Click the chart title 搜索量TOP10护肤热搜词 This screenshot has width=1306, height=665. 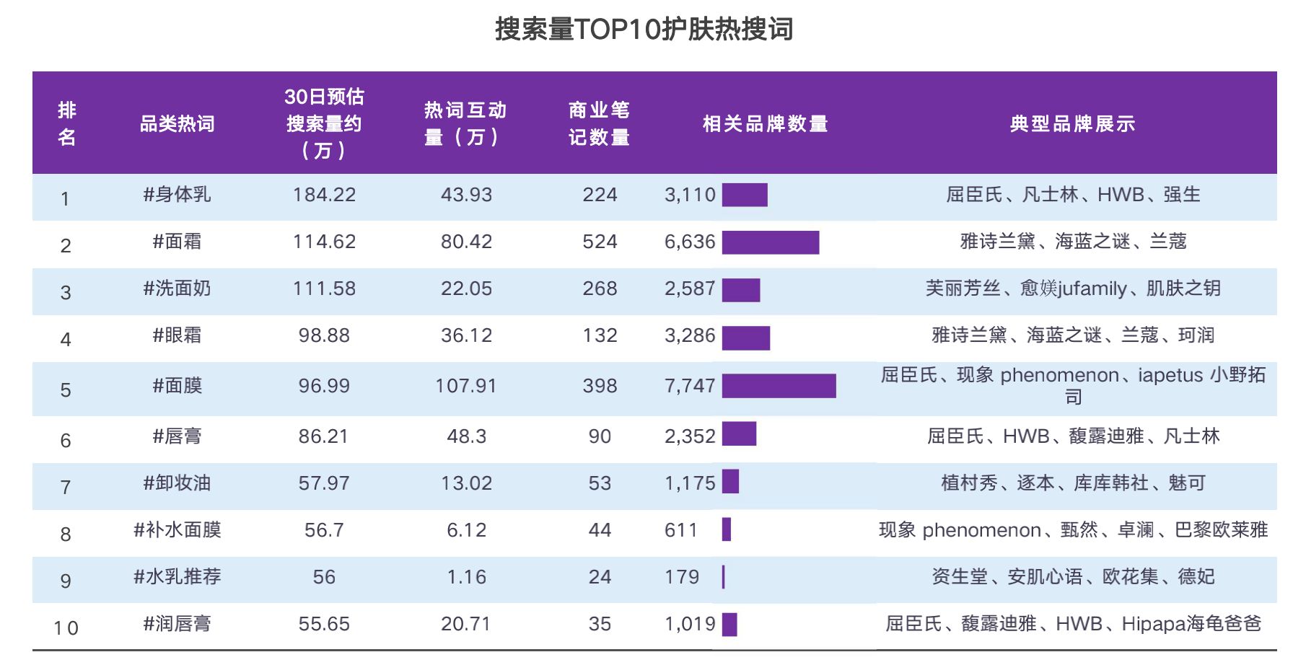pyautogui.click(x=644, y=30)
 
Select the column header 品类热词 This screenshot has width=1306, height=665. pyautogui.click(x=177, y=123)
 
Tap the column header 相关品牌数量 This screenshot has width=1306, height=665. pyautogui.click(x=765, y=123)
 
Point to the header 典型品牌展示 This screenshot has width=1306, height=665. pyautogui.click(x=1072, y=123)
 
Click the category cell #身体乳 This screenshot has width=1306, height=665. pyautogui.click(x=177, y=195)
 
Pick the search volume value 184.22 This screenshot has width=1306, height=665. pyautogui.click(x=324, y=195)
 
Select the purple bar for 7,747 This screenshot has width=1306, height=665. pyautogui.click(x=779, y=386)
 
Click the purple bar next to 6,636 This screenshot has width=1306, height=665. pyautogui.click(x=770, y=242)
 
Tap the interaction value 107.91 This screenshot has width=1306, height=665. pyautogui.click(x=466, y=386)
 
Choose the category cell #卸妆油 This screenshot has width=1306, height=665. pyautogui.click(x=177, y=483)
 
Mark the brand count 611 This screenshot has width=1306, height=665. pyautogui.click(x=681, y=530)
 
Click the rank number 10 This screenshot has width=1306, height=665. pyautogui.click(x=66, y=627)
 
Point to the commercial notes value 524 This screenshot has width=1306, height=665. pyautogui.click(x=600, y=242)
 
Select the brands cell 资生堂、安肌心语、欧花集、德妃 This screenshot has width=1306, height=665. pyautogui.click(x=1072, y=577)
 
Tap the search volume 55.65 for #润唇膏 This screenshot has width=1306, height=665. pyautogui.click(x=324, y=624)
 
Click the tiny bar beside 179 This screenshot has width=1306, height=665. pyautogui.click(x=723, y=577)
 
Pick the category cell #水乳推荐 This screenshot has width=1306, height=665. pyautogui.click(x=177, y=577)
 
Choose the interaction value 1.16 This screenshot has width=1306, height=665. pyautogui.click(x=466, y=577)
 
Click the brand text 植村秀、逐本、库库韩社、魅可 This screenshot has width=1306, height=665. pyautogui.click(x=1072, y=483)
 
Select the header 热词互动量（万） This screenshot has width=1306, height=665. pyautogui.click(x=465, y=123)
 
